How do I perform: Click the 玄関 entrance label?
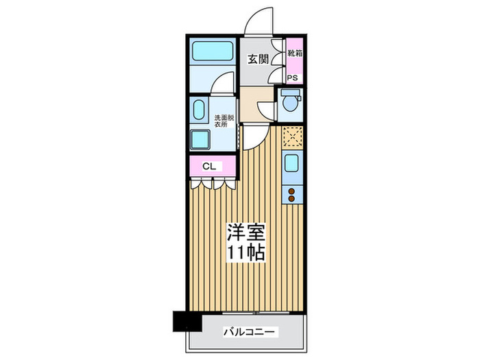click(x=258, y=59)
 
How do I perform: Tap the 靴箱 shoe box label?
click(x=292, y=52)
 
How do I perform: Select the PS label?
click(x=292, y=77)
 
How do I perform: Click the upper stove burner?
click(x=291, y=191)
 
